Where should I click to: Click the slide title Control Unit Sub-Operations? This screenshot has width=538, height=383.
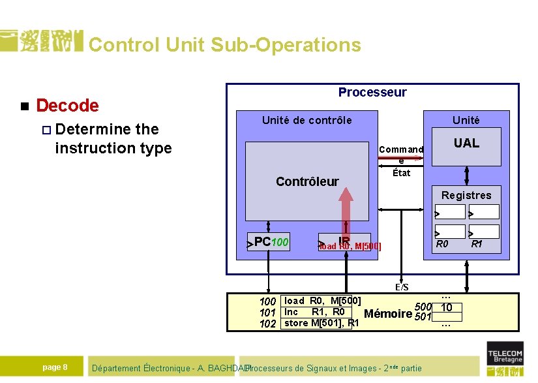tap(224, 44)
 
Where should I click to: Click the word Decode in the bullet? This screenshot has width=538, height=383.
tap(67, 105)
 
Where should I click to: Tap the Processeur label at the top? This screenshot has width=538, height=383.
tap(372, 92)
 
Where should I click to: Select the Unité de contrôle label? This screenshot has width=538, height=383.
tap(306, 120)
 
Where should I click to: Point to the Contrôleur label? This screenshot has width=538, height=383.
tap(307, 181)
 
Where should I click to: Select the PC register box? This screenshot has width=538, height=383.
tap(267, 242)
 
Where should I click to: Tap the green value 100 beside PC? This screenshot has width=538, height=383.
tap(280, 243)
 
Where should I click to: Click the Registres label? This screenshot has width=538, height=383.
tap(466, 195)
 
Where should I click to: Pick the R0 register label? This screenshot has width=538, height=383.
tap(442, 245)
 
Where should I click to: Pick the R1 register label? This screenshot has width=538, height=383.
tap(477, 245)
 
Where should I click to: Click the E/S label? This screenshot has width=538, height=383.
tap(402, 287)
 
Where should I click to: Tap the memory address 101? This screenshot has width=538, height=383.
tap(267, 313)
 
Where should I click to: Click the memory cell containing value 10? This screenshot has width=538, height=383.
tap(446, 307)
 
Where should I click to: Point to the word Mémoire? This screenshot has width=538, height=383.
tap(387, 314)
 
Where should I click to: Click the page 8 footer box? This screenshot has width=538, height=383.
tap(55, 367)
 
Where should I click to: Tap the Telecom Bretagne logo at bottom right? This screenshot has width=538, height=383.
tap(505, 361)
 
